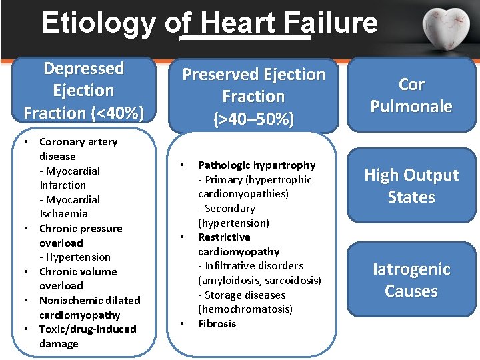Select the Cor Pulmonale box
coord(411,95)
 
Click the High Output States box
coord(411,186)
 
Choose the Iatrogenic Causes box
coord(411,280)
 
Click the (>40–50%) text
coord(253,119)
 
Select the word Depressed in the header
coord(84,69)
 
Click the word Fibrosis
coord(217,324)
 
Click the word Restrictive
coord(224,237)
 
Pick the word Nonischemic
coord(66,300)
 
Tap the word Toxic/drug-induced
coord(87,329)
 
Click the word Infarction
coord(63,185)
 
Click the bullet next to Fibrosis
coord(181,324)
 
